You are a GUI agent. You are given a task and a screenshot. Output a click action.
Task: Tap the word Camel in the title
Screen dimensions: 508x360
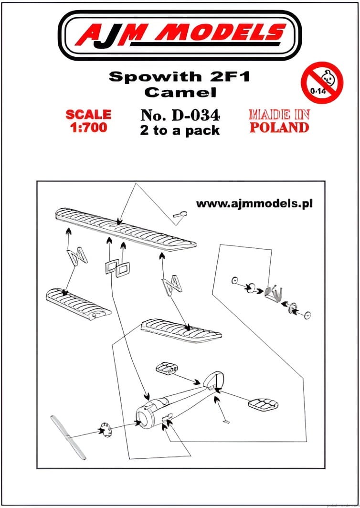tap(180, 92)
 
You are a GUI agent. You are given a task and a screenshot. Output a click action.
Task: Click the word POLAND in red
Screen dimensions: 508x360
tap(279, 127)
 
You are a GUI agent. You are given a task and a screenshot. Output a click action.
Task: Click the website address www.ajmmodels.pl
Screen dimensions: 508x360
tap(254, 203)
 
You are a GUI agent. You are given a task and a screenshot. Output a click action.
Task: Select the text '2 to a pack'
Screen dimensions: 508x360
tap(180, 130)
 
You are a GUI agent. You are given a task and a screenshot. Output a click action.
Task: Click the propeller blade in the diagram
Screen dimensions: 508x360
tap(68, 437)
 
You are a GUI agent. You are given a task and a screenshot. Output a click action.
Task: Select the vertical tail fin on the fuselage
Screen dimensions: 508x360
tap(213, 380)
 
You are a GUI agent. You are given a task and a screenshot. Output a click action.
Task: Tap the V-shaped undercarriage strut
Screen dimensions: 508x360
tap(274, 293)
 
